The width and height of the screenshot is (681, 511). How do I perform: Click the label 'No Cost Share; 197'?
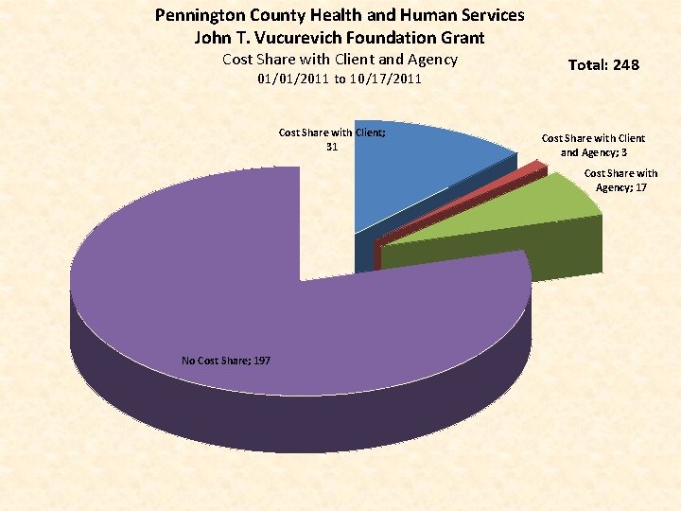coord(226,360)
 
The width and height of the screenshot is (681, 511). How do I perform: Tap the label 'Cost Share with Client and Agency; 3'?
coord(593,145)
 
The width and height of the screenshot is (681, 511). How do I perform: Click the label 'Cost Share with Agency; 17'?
coord(620,180)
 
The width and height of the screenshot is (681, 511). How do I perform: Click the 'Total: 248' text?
coord(603,64)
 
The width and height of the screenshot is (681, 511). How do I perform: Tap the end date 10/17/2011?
coord(385,79)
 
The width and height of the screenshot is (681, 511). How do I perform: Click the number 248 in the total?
coord(625,64)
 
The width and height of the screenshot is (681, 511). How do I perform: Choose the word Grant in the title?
coord(461,38)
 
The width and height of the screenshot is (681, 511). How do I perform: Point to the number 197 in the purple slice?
coord(260,360)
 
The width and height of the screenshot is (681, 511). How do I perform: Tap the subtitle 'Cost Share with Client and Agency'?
coord(340,59)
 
